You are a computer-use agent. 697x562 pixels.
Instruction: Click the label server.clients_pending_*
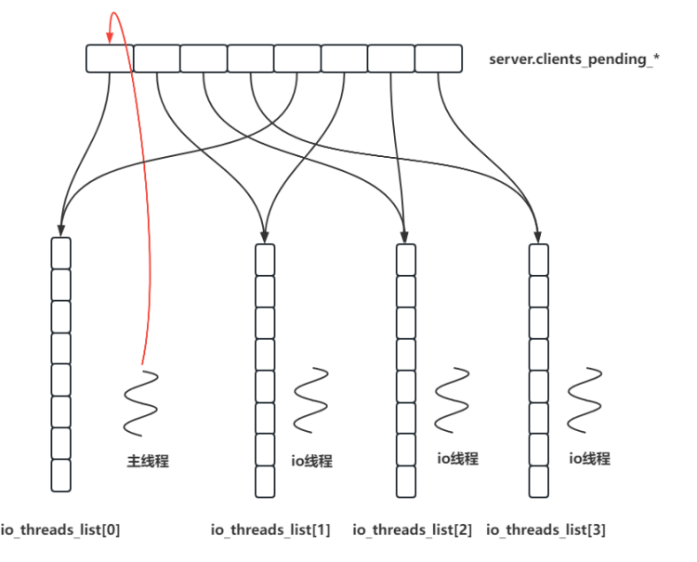click(x=574, y=59)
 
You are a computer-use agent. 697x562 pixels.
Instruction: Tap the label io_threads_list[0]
click(x=60, y=530)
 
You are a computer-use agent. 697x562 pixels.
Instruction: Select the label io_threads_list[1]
click(x=270, y=530)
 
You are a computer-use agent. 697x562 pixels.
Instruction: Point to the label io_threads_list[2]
click(x=413, y=530)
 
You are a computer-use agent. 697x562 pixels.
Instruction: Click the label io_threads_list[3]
click(x=546, y=530)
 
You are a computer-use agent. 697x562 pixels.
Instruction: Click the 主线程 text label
click(x=148, y=461)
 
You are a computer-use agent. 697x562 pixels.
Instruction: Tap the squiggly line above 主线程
click(x=140, y=402)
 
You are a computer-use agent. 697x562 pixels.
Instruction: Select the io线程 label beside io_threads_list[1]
click(x=311, y=461)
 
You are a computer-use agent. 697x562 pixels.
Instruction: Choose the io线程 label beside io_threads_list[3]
click(x=589, y=459)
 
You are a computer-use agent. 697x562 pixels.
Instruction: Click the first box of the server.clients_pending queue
click(x=110, y=59)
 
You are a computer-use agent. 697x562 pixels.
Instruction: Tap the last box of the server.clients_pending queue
click(x=439, y=59)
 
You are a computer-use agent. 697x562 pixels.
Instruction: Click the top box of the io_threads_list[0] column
click(x=60, y=254)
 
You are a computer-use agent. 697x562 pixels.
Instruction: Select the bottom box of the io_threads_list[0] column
click(x=60, y=476)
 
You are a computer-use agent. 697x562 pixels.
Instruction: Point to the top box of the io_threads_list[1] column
click(x=265, y=259)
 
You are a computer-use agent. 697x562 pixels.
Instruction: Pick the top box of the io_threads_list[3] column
click(x=539, y=259)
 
